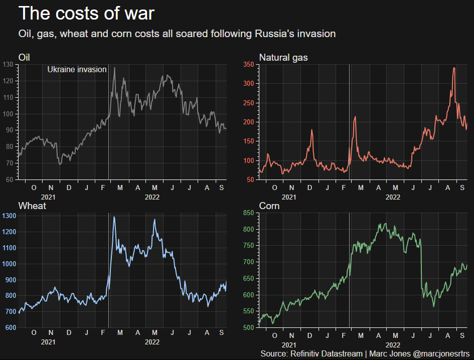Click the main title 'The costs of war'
[86, 14]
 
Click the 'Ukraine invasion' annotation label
[77, 70]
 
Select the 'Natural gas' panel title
[283, 58]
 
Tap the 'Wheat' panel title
[32, 206]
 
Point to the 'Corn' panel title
[269, 206]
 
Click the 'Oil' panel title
[24, 58]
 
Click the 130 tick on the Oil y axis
[9, 64]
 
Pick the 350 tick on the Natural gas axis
[248, 64]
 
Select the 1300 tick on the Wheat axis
[9, 216]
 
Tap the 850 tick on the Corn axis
[248, 213]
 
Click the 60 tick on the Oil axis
[10, 179]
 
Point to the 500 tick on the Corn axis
[248, 328]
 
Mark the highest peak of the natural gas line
[454, 68]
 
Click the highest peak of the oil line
[114, 68]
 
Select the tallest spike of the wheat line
[114, 217]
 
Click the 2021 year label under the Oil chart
[48, 197]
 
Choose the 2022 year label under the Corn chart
[393, 345]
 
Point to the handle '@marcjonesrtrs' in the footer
[441, 354]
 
